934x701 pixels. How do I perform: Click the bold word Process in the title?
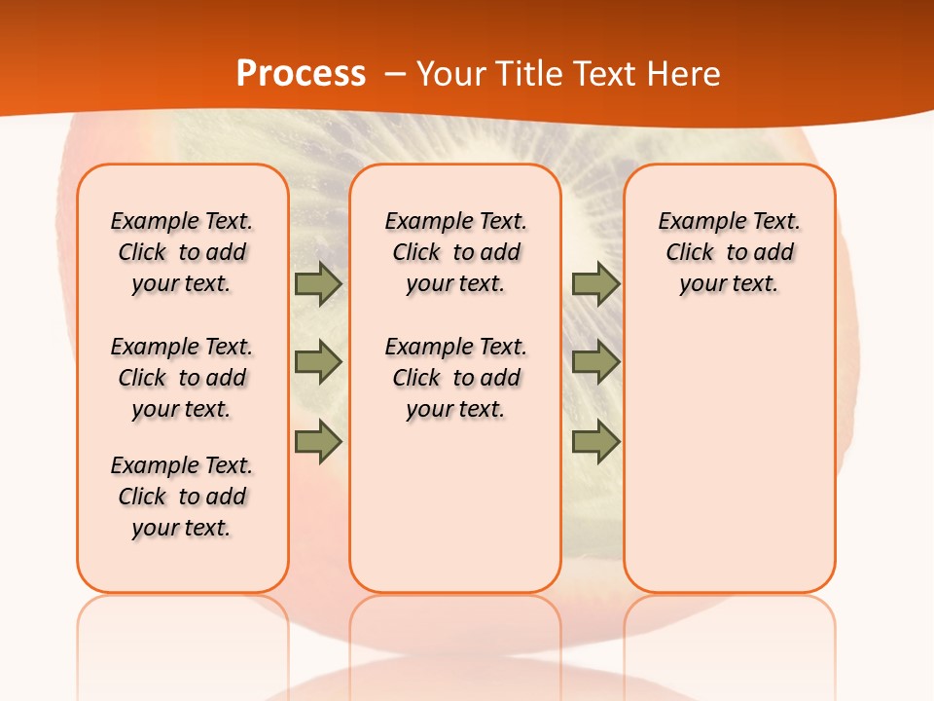[x=301, y=74]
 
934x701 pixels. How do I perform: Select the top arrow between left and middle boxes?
[x=318, y=284]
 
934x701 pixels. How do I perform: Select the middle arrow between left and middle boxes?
[x=318, y=362]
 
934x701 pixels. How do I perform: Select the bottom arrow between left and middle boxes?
[x=318, y=442]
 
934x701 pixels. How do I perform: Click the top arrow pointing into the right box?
[x=595, y=284]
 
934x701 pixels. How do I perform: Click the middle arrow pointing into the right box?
[x=595, y=362]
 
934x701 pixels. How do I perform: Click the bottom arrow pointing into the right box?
[x=595, y=442]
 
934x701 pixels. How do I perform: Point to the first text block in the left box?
[x=182, y=252]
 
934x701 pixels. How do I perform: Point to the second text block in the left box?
[x=182, y=378]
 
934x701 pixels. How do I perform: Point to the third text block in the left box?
[x=182, y=497]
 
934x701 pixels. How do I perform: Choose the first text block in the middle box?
[x=455, y=252]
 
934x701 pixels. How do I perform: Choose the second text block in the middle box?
[x=455, y=378]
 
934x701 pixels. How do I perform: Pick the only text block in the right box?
[x=729, y=252]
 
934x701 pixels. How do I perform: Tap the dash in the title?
[x=395, y=74]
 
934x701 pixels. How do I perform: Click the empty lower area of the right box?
[x=729, y=458]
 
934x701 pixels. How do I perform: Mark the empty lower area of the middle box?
[x=455, y=506]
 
